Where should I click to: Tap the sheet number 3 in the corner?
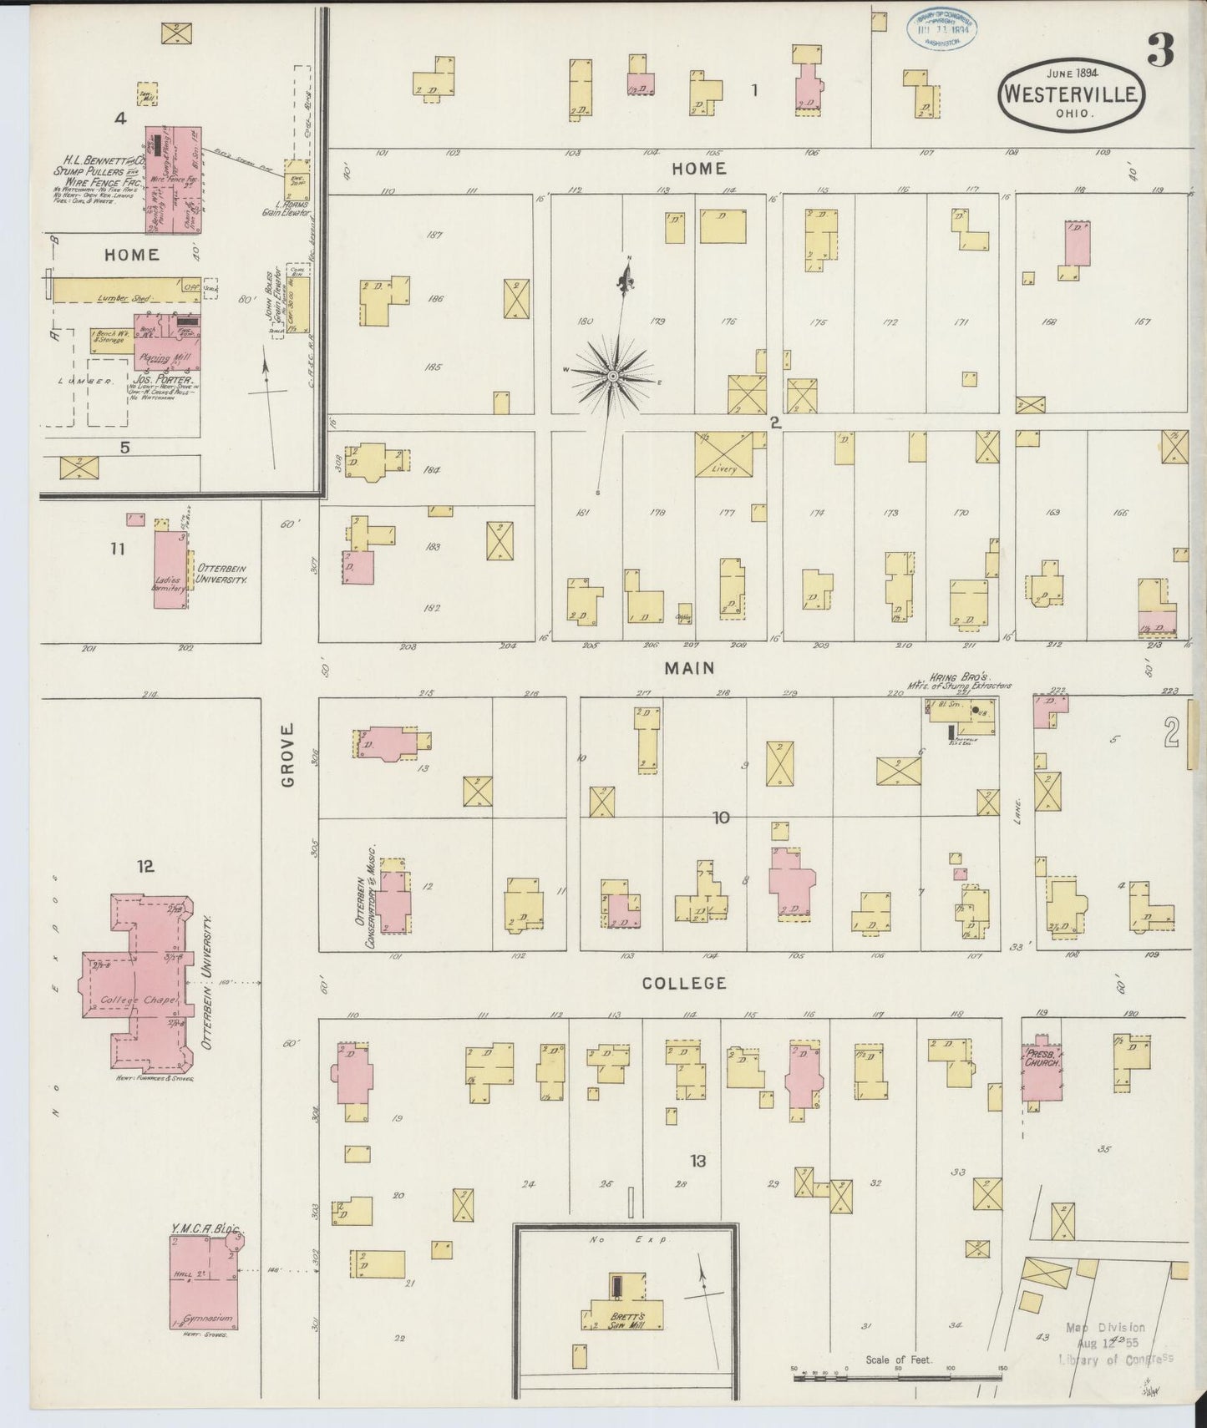pos(1160,51)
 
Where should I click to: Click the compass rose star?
pos(613,377)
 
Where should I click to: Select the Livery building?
pos(723,454)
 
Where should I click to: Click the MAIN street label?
pos(689,668)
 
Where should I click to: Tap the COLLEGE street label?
pos(683,983)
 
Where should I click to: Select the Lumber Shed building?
pos(125,290)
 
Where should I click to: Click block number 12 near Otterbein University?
pos(146,866)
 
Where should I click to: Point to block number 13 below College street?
pos(698,1160)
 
